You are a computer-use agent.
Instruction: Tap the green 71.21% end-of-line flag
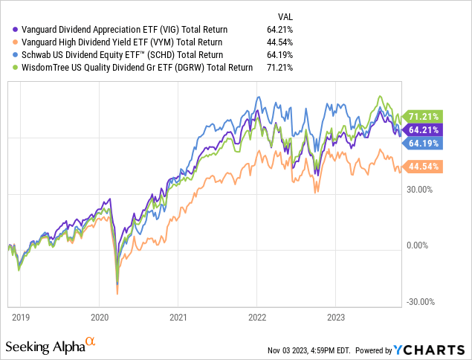pos(424,117)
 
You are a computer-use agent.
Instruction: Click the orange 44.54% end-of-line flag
pos(424,167)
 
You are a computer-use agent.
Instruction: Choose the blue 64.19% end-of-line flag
pos(424,143)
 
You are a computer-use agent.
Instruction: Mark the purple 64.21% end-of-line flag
pos(424,129)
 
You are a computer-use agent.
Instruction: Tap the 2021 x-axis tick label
pos(178,315)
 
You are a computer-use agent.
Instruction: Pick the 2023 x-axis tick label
pos(336,315)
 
